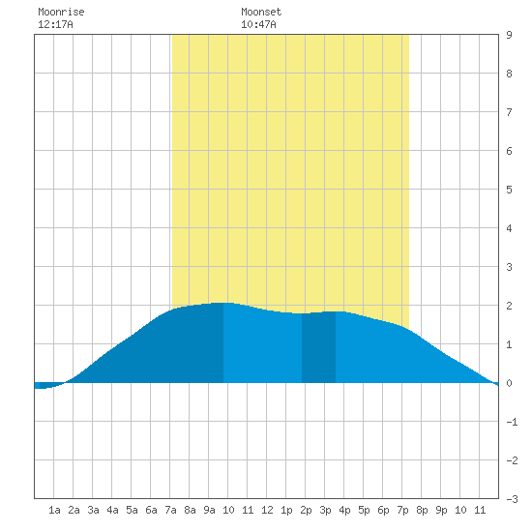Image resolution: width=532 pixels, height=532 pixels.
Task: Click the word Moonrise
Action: pyautogui.click(x=61, y=12)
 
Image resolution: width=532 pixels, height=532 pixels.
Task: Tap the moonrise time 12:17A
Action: pyautogui.click(x=55, y=24)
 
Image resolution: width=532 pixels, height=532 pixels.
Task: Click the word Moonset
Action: pyautogui.click(x=261, y=12)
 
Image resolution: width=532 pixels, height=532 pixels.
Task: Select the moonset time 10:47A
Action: pyautogui.click(x=258, y=24)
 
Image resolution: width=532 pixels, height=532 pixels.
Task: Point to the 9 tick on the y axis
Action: pyautogui.click(x=509, y=35)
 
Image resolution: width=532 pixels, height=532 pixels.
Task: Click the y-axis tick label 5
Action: pyautogui.click(x=509, y=190)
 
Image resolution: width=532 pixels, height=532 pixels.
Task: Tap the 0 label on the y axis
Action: pyautogui.click(x=509, y=383)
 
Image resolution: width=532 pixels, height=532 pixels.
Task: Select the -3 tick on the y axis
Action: pyautogui.click(x=512, y=499)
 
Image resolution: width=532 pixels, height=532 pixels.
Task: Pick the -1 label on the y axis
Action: pyautogui.click(x=512, y=422)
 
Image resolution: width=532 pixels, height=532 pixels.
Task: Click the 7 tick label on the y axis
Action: pyautogui.click(x=509, y=112)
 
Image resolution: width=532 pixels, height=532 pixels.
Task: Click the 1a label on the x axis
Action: pyautogui.click(x=54, y=510)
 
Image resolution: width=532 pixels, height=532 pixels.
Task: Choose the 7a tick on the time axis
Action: pyautogui.click(x=170, y=510)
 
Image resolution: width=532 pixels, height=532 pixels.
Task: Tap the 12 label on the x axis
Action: pyautogui.click(x=267, y=510)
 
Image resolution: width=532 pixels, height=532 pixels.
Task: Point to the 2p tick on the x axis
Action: pyautogui.click(x=306, y=510)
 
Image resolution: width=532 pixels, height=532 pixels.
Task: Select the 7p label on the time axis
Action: pyautogui.click(x=402, y=510)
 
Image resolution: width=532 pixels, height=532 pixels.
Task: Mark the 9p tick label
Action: pyautogui.click(x=441, y=510)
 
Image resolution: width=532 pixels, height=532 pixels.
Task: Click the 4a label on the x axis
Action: pyautogui.click(x=112, y=510)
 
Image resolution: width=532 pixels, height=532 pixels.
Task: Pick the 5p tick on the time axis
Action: pyautogui.click(x=364, y=510)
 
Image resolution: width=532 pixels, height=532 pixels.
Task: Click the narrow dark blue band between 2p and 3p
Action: pyautogui.click(x=318, y=347)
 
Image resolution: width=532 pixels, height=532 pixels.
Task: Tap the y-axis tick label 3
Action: pyautogui.click(x=509, y=267)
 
